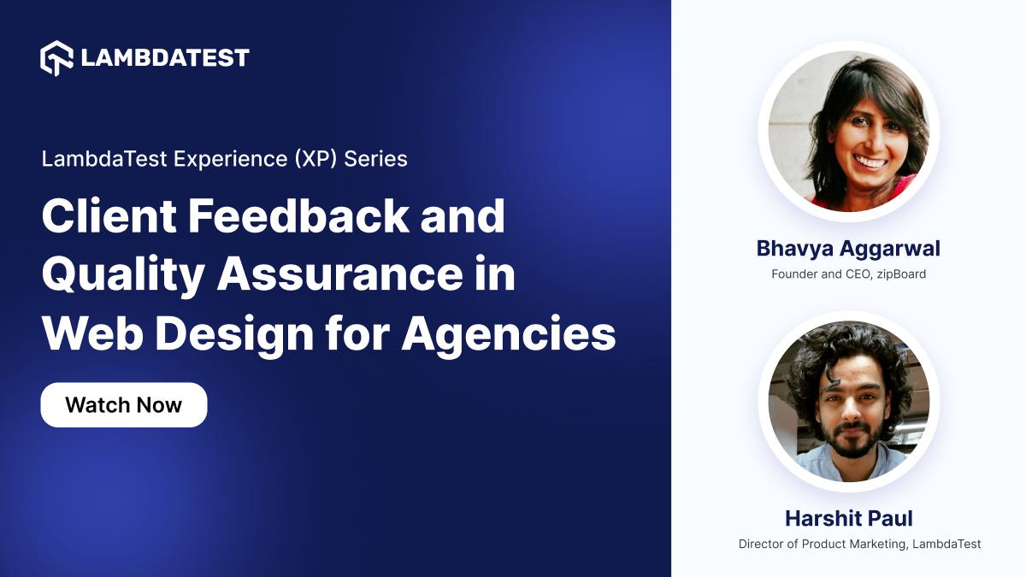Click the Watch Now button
124,404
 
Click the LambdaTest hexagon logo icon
56,58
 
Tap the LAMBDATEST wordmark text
165,58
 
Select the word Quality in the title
123,275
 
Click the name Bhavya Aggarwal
848,248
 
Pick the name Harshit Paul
848,518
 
